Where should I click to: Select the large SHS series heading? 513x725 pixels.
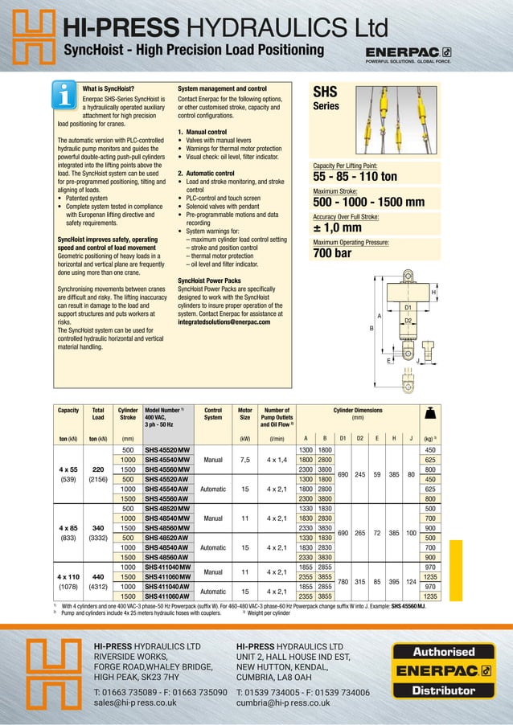click(x=325, y=92)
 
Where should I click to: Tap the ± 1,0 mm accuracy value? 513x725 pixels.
click(x=337, y=229)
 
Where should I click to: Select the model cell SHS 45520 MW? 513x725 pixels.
click(x=167, y=449)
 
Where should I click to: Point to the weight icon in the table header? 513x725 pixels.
click(x=429, y=413)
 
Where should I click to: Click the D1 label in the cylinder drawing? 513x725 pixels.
click(x=408, y=307)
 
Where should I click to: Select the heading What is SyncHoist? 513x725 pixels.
click(x=109, y=88)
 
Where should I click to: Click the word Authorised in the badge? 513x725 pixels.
click(x=444, y=652)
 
